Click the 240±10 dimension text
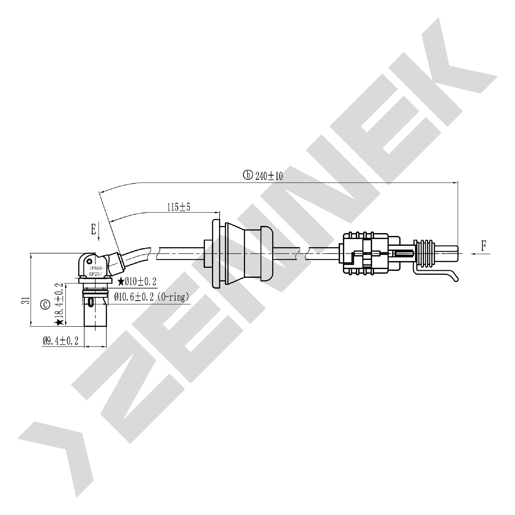pyautogui.click(x=269, y=176)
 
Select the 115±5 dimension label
pyautogui.click(x=179, y=207)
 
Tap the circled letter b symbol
pyautogui.click(x=248, y=175)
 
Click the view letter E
pyautogui.click(x=94, y=229)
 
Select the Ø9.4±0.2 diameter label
pyautogui.click(x=61, y=341)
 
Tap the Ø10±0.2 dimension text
pyautogui.click(x=141, y=281)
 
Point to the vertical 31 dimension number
pyautogui.click(x=26, y=300)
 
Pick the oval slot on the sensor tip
pyautogui.click(x=91, y=302)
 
